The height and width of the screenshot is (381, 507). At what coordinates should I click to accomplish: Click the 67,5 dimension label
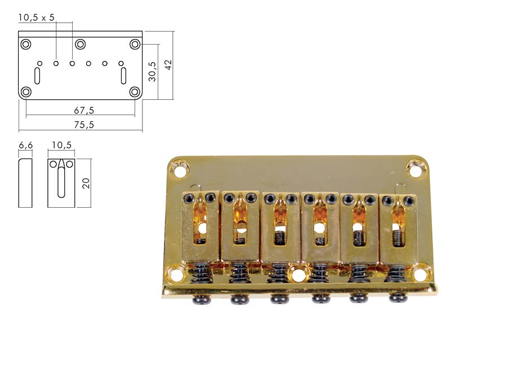(84, 111)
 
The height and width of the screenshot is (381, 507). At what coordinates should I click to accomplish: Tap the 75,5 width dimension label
(84, 125)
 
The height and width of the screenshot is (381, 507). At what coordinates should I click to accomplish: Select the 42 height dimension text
(168, 64)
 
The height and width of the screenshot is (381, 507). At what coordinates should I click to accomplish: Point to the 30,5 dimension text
(152, 72)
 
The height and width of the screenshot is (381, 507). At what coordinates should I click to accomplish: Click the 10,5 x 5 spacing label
(36, 17)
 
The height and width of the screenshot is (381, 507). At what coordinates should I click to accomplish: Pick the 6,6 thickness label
(25, 145)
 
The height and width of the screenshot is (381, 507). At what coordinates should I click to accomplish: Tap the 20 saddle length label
(86, 183)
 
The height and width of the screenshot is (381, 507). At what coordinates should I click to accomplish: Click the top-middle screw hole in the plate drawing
(80, 44)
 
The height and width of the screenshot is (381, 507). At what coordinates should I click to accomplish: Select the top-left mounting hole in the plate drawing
(26, 44)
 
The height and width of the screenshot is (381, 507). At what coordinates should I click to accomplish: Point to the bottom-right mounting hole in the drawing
(135, 92)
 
